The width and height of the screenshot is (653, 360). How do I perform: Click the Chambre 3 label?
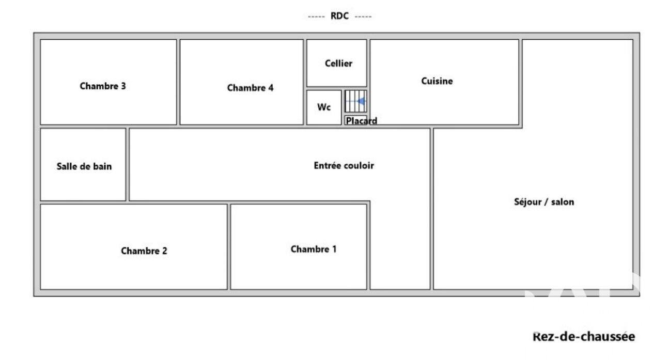tap(103, 86)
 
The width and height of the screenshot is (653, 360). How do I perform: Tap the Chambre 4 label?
tap(250, 88)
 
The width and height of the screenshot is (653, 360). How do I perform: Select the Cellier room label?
tap(338, 64)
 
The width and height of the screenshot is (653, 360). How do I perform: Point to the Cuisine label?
tap(437, 81)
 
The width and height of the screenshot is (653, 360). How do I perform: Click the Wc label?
tap(324, 107)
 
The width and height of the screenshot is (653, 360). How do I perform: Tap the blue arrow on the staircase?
tap(362, 101)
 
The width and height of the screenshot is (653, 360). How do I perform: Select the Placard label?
tap(361, 121)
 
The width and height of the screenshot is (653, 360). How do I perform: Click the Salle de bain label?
tap(84, 166)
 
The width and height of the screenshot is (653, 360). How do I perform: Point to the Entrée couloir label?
tap(344, 166)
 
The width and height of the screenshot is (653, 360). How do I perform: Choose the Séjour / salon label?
tap(544, 202)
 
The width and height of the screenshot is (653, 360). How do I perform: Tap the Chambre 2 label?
tap(144, 251)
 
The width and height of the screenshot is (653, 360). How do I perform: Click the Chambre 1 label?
tap(314, 249)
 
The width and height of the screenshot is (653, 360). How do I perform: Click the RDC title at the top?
tap(339, 16)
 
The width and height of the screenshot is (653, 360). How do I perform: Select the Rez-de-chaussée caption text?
tap(583, 337)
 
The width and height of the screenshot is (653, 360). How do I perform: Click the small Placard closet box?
tap(355, 120)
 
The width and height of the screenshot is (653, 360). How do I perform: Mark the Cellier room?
tap(337, 75)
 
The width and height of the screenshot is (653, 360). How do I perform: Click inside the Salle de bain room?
tap(83, 183)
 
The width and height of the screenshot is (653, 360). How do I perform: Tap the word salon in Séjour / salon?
tap(562, 202)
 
